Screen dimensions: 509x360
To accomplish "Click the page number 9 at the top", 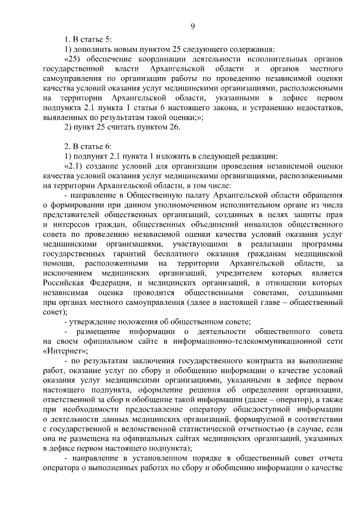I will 193,26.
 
